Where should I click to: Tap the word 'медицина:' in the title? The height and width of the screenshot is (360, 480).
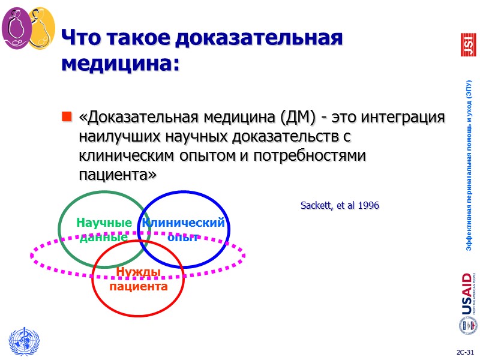pyautogui.click(x=121, y=63)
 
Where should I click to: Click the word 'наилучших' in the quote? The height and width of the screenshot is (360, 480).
pyautogui.click(x=113, y=136)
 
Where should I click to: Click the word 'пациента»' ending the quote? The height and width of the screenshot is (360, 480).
pyautogui.click(x=118, y=175)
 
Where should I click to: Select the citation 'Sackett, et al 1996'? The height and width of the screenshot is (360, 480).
pyautogui.click(x=340, y=206)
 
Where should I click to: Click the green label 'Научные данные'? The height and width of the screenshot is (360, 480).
pyautogui.click(x=104, y=230)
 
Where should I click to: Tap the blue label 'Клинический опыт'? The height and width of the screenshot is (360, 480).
pyautogui.click(x=183, y=230)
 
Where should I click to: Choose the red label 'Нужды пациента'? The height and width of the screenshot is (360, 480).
pyautogui.click(x=138, y=280)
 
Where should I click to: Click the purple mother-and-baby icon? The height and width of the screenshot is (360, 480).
pyautogui.click(x=17, y=28)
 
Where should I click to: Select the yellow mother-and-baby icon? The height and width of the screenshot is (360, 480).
pyautogui.click(x=41, y=28)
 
